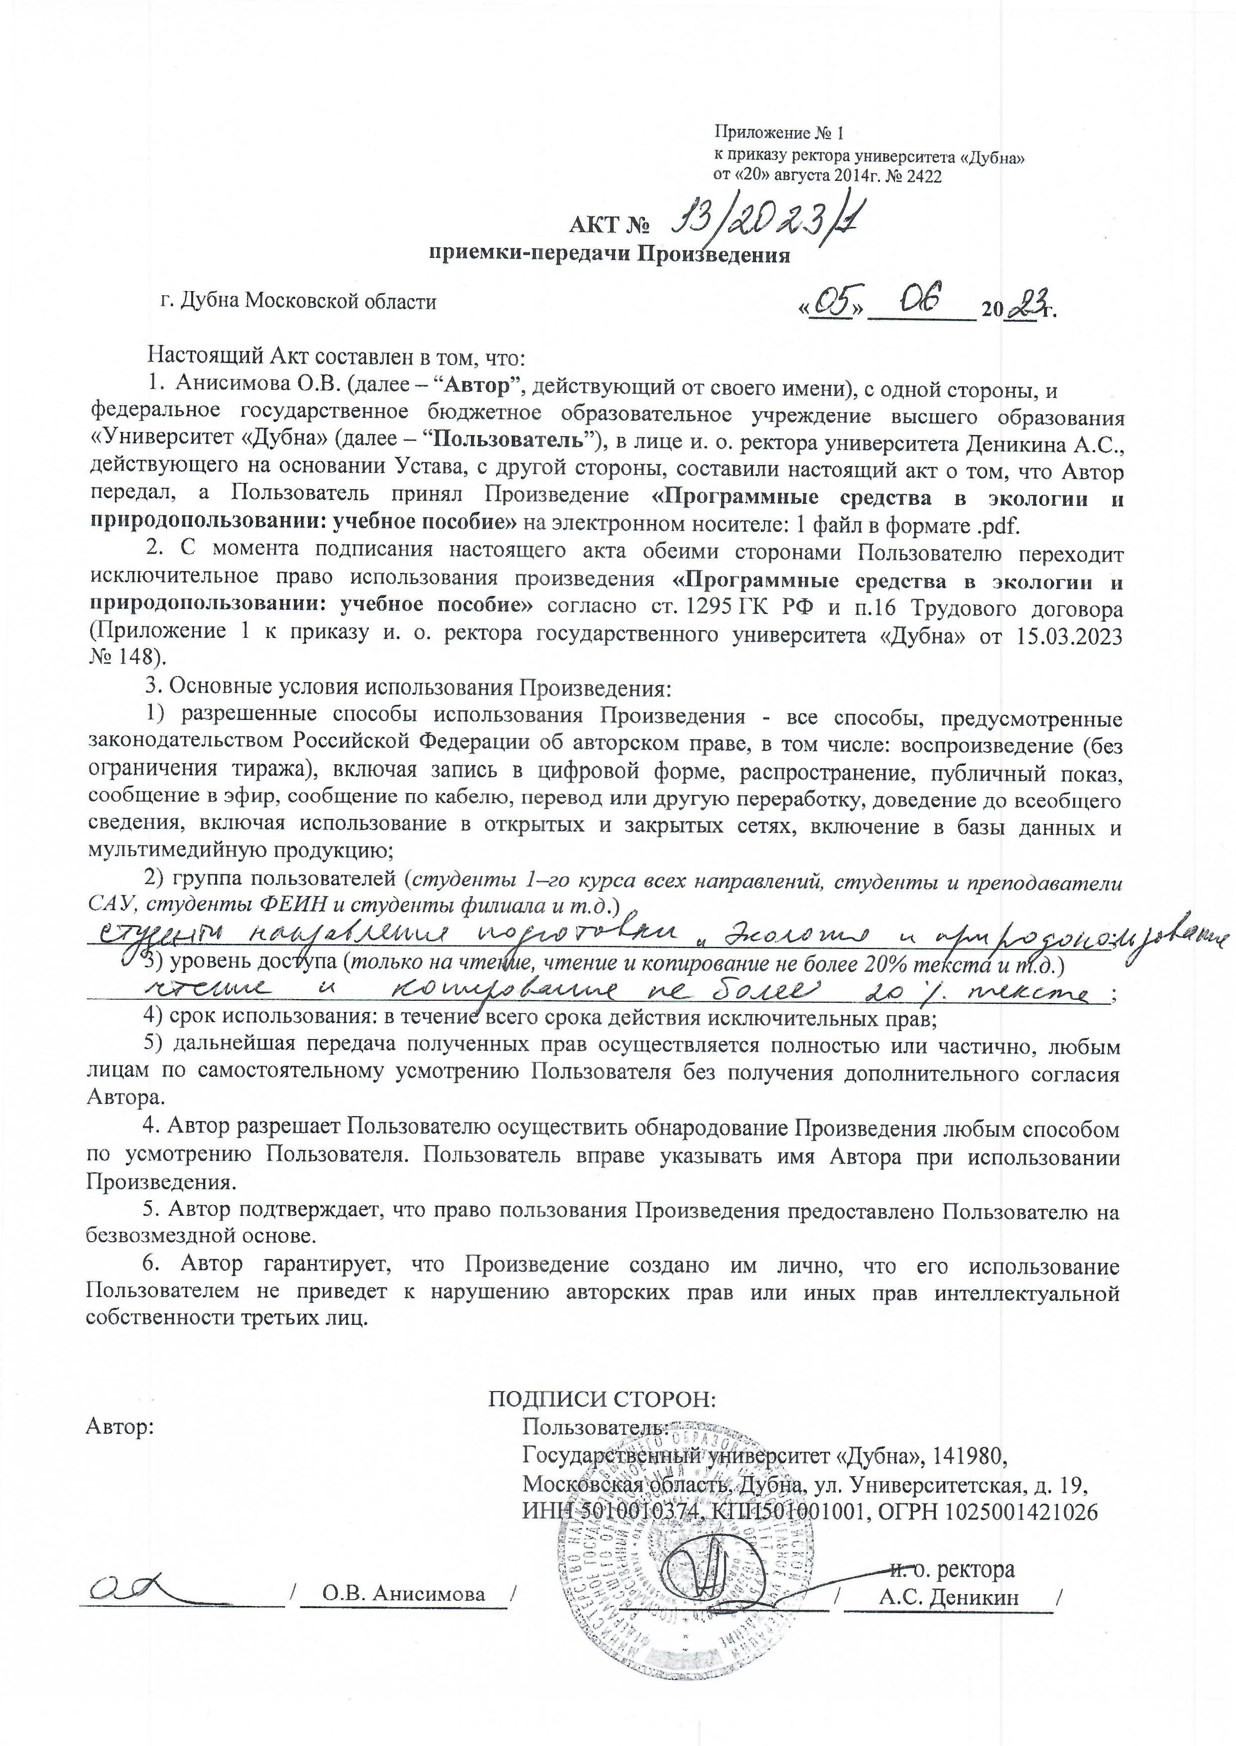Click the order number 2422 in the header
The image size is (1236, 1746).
(923, 177)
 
